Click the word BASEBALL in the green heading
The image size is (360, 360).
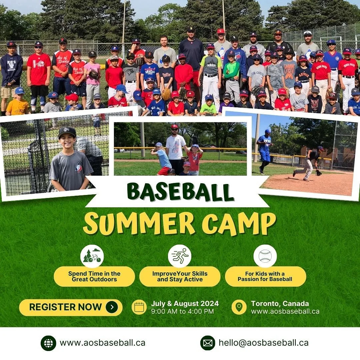(180, 192)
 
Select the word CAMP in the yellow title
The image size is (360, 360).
(239, 223)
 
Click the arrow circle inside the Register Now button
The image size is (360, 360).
(112, 307)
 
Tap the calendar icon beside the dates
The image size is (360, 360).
(139, 307)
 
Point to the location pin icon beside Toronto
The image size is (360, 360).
(239, 307)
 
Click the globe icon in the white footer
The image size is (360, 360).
(48, 343)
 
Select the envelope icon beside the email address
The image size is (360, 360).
(208, 343)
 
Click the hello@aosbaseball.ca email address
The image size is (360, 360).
(263, 343)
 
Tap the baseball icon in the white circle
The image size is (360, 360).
(265, 256)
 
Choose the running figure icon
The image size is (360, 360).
(180, 256)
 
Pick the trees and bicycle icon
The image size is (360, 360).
(92, 256)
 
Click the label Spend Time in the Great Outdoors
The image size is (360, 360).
(94, 276)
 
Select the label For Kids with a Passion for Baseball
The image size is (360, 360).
(265, 276)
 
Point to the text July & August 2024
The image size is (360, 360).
(185, 303)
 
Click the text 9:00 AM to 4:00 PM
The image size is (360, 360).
(182, 311)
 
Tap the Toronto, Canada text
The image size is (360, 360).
(280, 303)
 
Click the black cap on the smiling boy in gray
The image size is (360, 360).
(67, 132)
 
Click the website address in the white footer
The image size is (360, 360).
(102, 343)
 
